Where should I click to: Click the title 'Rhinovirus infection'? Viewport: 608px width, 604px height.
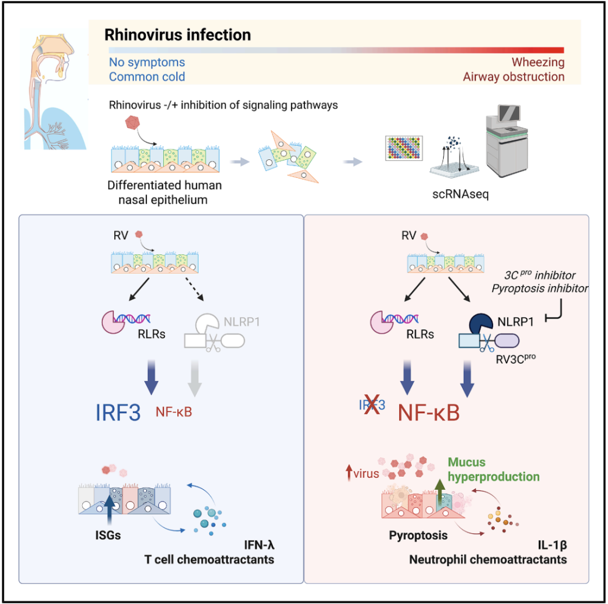click(177, 35)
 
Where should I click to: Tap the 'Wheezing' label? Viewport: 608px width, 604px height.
click(538, 62)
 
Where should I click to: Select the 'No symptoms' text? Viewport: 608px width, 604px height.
click(147, 62)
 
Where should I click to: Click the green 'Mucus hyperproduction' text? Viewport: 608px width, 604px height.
click(494, 469)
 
